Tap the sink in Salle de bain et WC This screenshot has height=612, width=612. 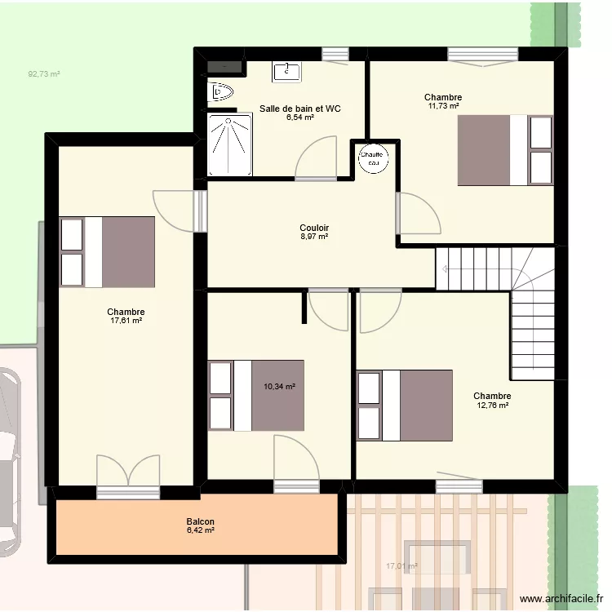[285, 71]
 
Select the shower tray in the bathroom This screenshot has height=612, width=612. [229, 144]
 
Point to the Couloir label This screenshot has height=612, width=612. [314, 228]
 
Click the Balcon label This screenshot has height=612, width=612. [200, 521]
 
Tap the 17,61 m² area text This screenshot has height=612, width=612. [126, 322]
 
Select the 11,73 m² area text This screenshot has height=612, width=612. [443, 106]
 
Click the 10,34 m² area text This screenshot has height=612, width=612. [279, 388]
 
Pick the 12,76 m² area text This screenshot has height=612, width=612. [492, 406]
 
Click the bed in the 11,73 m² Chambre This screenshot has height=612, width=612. [505, 150]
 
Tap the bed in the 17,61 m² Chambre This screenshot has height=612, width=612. [107, 251]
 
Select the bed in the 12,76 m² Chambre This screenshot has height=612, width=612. [405, 406]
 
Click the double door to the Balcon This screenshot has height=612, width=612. [128, 475]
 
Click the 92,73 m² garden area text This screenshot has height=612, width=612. [44, 74]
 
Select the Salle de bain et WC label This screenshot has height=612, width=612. [300, 109]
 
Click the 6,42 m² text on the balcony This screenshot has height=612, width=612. [200, 530]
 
